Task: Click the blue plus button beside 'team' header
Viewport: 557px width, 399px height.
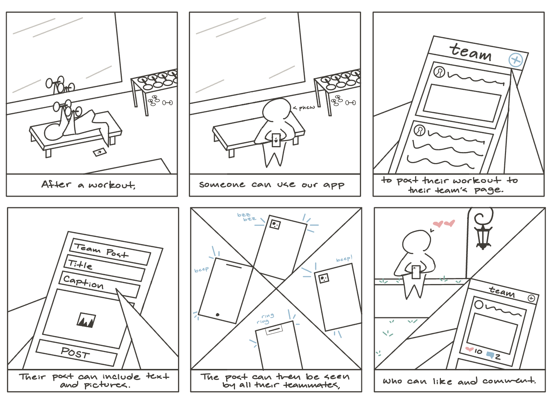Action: [516, 60]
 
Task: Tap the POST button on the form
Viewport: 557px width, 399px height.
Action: [76, 353]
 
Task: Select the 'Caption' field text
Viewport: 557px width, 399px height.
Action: [84, 283]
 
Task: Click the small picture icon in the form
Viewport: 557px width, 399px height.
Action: [86, 320]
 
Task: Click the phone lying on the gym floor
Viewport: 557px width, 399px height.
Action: [99, 152]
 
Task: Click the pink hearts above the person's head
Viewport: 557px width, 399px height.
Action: [444, 224]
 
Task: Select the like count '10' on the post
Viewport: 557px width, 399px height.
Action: [478, 352]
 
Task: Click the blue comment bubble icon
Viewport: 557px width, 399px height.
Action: [490, 355]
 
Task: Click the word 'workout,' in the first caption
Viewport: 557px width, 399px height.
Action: [112, 185]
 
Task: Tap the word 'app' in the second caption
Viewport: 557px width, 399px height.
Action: [333, 185]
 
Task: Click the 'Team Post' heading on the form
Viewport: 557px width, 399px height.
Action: [101, 250]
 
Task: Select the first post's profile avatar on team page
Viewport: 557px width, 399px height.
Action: [439, 72]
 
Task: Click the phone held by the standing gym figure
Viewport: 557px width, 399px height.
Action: [276, 140]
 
